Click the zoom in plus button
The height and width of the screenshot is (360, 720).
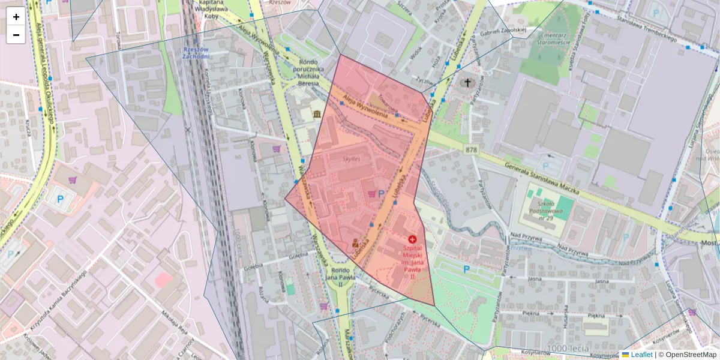pos(16,17)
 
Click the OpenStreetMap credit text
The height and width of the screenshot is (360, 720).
pos(687,355)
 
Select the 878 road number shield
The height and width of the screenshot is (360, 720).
pos(471,149)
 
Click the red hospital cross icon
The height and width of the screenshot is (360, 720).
pos(412,239)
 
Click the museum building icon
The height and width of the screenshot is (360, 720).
pos(316,114)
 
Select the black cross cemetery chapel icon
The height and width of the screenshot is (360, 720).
pos(467,82)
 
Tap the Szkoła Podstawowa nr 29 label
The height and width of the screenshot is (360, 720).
pos(547,210)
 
